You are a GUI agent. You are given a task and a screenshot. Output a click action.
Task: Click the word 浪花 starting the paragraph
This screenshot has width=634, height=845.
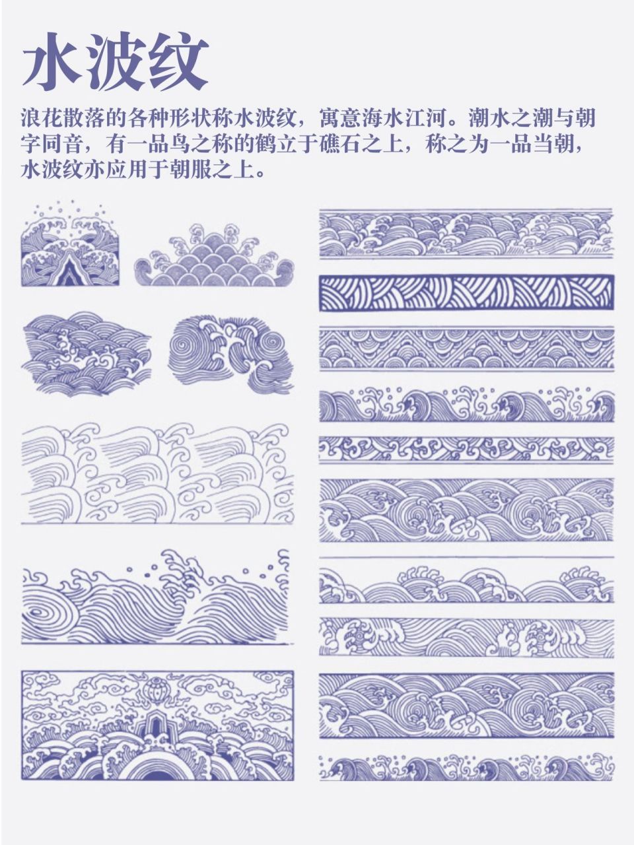[42, 119]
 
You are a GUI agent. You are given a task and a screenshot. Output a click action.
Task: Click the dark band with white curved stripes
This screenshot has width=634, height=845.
[466, 292]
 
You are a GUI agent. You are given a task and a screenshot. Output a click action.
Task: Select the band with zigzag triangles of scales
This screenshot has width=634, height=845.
[466, 349]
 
